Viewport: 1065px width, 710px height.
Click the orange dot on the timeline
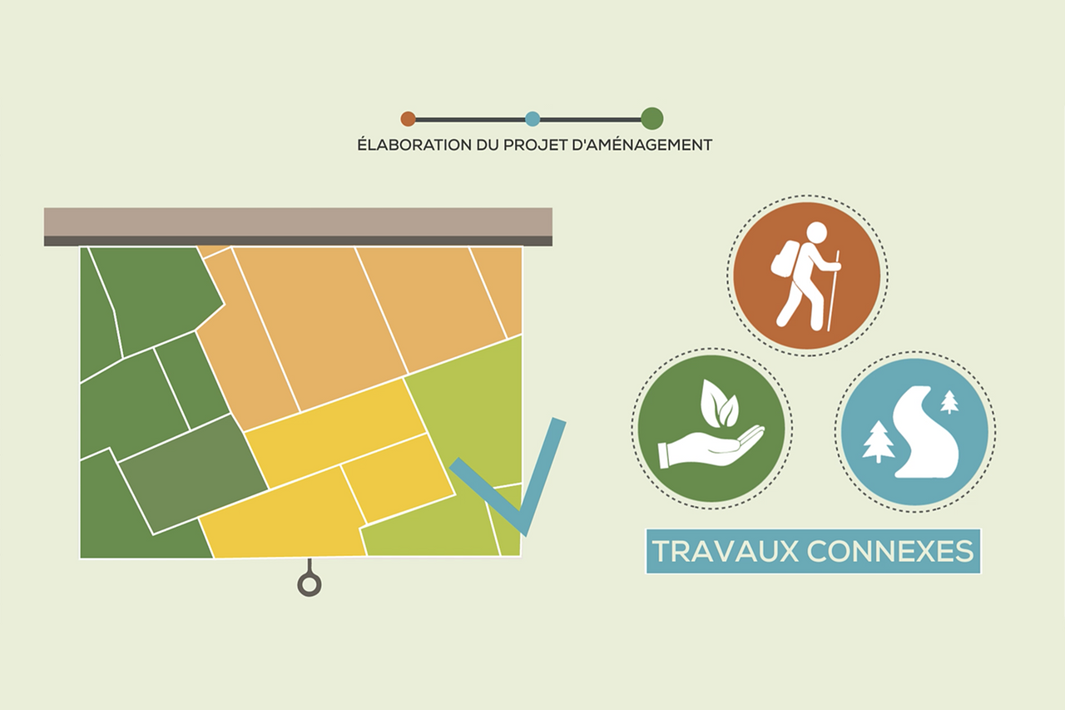[x=408, y=119]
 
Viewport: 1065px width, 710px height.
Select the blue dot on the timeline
[x=532, y=119]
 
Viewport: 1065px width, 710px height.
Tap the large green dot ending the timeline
[x=651, y=118]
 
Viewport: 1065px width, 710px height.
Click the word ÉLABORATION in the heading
[x=414, y=145]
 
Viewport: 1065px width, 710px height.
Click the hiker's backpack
[x=785, y=258]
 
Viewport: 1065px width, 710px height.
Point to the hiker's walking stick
[x=833, y=290]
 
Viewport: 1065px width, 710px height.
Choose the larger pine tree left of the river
[x=878, y=441]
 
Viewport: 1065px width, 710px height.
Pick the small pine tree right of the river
[x=949, y=401]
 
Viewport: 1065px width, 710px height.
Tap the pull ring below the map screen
[x=310, y=585]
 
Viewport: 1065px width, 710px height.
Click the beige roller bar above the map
[x=298, y=227]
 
